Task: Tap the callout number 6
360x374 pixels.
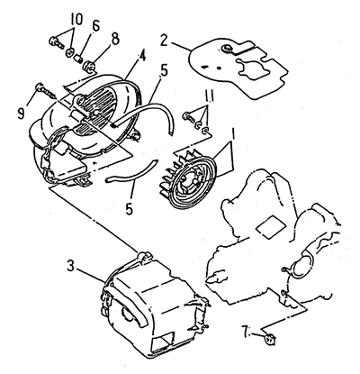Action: pos(95,26)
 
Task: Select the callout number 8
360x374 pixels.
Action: pos(115,39)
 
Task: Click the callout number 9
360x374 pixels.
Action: pos(21,114)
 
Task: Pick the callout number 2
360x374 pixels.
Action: pos(164,41)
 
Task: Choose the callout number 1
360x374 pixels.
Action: pos(234,134)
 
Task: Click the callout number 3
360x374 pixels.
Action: pos(70,266)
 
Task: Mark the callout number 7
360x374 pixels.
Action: pos(246,332)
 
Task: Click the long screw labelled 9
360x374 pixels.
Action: pos(46,91)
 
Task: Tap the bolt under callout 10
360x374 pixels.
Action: pos(56,42)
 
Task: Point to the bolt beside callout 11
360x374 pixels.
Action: pos(188,116)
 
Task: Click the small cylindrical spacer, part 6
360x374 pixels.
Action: pos(79,59)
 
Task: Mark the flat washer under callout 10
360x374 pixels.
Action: pos(70,52)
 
